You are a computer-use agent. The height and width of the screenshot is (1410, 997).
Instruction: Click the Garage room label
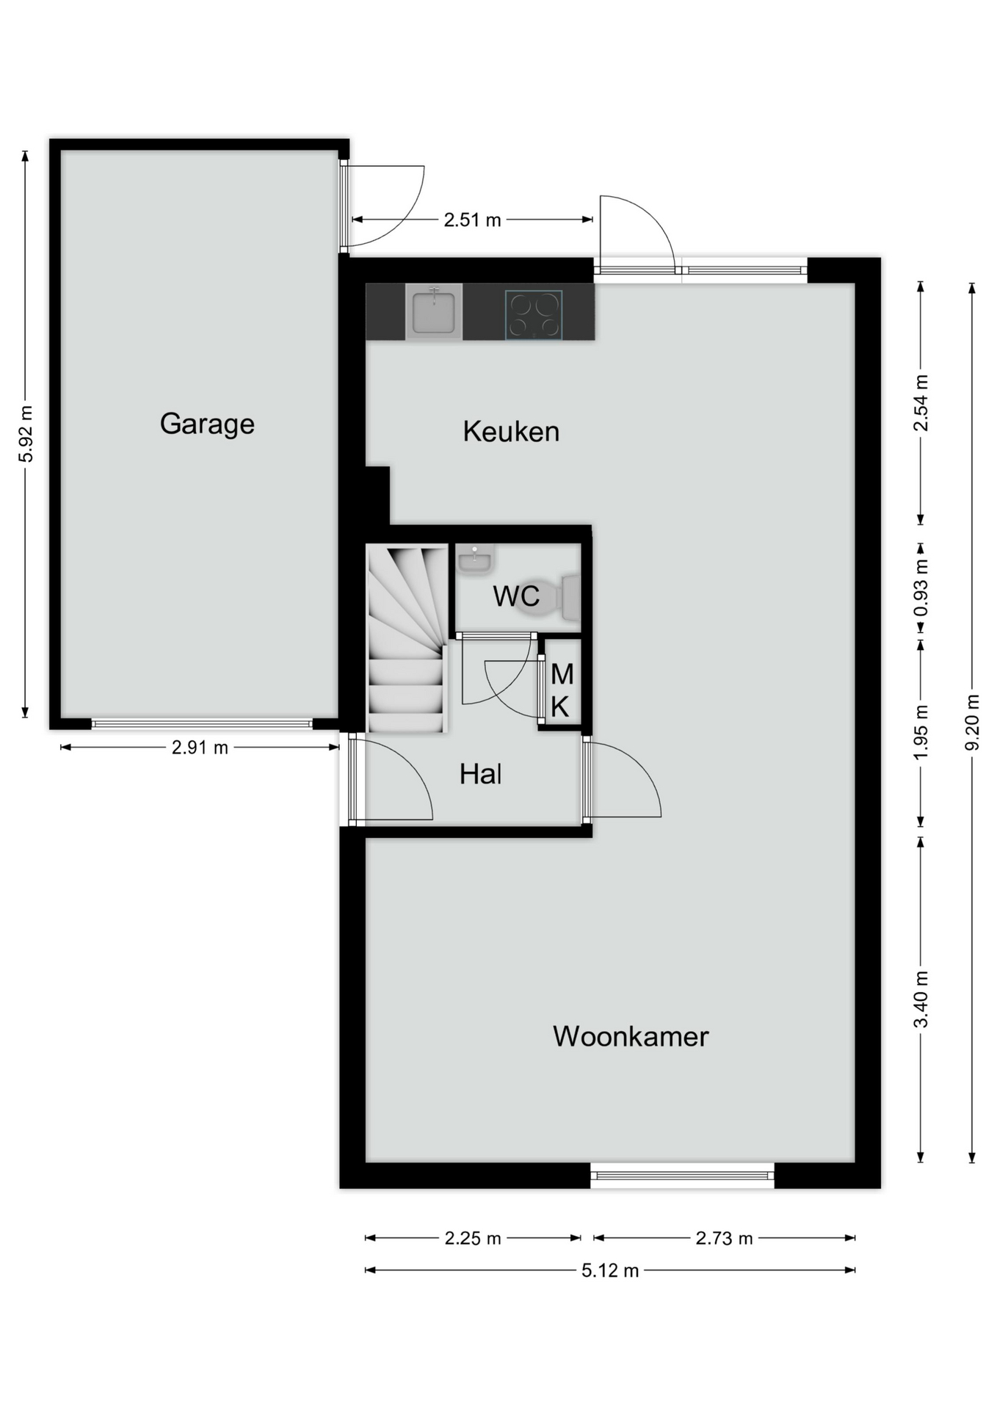pos(207,424)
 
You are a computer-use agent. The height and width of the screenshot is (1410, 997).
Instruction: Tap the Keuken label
pos(511,432)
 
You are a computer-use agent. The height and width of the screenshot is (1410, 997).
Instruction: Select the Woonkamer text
pos(631,1036)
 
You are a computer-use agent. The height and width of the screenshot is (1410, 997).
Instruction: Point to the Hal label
pos(481,774)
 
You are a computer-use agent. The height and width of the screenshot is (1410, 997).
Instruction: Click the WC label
pos(516,596)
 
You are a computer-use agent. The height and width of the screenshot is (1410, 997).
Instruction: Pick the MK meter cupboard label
pos(562,690)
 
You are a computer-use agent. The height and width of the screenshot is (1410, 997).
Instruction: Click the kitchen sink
pos(434,311)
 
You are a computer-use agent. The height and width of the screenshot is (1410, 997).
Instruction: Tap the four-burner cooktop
pos(534,315)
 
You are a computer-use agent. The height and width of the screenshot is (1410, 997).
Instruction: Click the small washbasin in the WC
pos(474,560)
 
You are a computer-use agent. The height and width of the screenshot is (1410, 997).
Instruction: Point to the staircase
pos(407,638)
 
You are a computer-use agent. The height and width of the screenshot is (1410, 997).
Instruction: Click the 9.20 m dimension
pos(972,723)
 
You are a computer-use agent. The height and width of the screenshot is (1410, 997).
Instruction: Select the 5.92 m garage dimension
pos(26,434)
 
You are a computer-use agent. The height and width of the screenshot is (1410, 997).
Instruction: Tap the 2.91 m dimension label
pos(200,748)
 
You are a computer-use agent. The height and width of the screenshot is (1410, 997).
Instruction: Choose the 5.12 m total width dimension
pos(610,1270)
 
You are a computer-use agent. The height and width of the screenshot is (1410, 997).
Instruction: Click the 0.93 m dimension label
pos(921,587)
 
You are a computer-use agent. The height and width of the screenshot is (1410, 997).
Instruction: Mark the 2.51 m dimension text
pos(472,220)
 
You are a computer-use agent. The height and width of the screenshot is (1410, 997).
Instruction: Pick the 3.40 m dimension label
pos(921,999)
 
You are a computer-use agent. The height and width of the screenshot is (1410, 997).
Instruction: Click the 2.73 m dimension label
pos(724,1238)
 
